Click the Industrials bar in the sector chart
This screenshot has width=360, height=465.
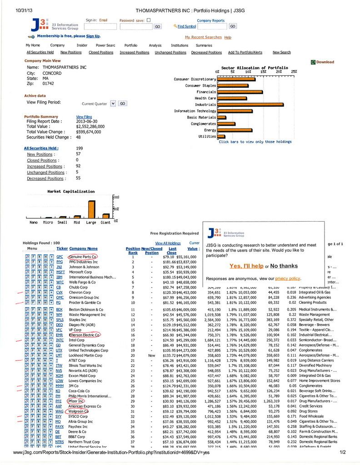[x=250, y=104]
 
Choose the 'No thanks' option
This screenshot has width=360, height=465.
[x=284, y=266]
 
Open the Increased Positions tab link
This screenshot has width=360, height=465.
[x=134, y=52]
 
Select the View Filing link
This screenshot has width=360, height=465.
[x=84, y=117]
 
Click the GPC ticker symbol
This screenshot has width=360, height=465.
[x=59, y=257]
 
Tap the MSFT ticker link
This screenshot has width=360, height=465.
[x=60, y=272]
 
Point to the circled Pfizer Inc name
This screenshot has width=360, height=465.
[x=75, y=401]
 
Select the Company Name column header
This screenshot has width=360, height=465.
[x=83, y=248]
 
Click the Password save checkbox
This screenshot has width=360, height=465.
[x=149, y=20]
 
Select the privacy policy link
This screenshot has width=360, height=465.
[x=287, y=278]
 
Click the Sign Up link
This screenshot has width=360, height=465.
[x=93, y=36]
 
